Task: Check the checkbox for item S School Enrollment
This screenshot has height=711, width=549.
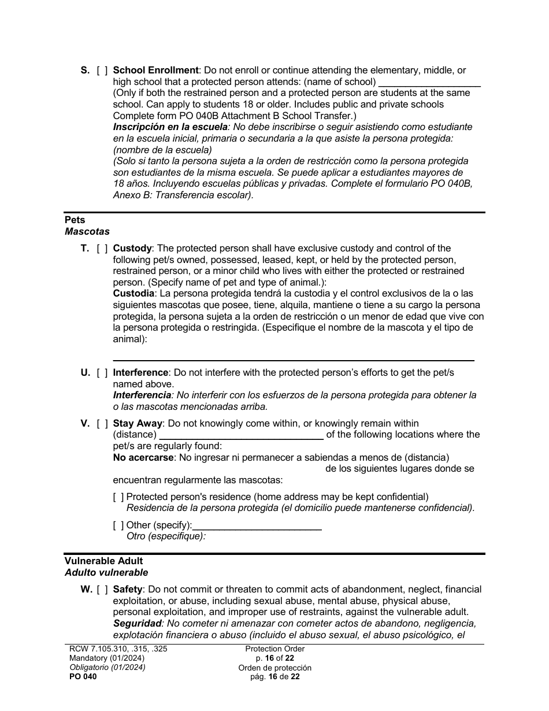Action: (x=102, y=71)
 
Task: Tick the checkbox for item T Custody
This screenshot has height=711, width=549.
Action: (x=102, y=249)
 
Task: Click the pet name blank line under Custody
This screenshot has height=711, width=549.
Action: (x=293, y=355)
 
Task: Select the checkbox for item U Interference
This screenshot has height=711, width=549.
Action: (x=102, y=373)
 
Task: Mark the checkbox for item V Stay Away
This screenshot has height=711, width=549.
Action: (x=102, y=424)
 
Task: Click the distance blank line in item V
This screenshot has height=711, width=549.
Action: (x=241, y=435)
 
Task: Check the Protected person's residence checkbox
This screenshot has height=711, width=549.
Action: (x=118, y=497)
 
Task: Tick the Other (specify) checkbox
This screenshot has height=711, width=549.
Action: (x=118, y=525)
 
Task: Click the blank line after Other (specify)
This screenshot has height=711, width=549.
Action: (x=257, y=526)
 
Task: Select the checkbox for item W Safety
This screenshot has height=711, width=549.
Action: (x=102, y=590)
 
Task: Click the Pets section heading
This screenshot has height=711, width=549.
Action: (x=75, y=220)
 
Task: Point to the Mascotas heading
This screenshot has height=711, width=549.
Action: (x=87, y=232)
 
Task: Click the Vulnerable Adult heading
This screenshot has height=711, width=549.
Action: (x=103, y=561)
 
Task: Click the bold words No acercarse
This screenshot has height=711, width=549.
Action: (x=143, y=458)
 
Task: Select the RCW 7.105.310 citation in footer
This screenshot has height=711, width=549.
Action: (x=118, y=649)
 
